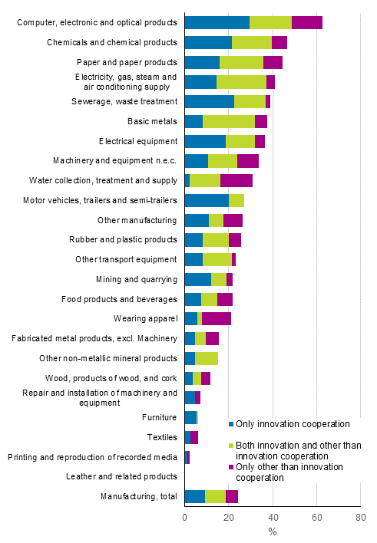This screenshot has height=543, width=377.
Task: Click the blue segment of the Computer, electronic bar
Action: pos(217,22)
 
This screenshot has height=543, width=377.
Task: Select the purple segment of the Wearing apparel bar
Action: pos(217,318)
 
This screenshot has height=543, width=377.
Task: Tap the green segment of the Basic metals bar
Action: pos(229,121)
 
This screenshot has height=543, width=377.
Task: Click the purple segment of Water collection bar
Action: pos(236,180)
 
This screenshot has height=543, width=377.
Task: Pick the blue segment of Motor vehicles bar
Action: pos(207,200)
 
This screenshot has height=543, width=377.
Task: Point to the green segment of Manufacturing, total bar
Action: pos(215,496)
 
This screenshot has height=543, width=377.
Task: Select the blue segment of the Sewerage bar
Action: pos(210,101)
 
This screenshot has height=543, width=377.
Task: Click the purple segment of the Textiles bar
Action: pos(194,437)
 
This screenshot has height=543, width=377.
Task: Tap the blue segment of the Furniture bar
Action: pos(190,417)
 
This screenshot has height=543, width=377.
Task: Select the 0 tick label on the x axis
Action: pos(185,518)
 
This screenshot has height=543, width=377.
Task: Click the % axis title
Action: pos(273,531)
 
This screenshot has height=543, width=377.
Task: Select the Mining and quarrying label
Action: pos(137,279)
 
